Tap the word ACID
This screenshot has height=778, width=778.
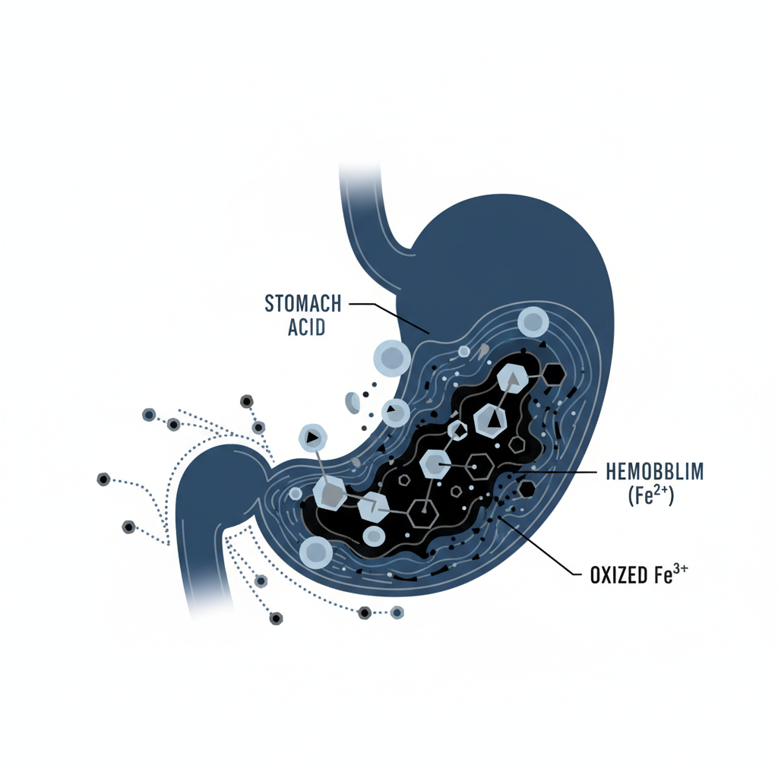305,327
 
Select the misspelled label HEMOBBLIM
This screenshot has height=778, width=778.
655,472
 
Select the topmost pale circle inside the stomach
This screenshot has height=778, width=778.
533,322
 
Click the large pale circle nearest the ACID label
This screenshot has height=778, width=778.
392,357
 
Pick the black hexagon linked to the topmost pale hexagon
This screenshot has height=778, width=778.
553,373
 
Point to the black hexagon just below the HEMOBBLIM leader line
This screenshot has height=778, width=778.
525,487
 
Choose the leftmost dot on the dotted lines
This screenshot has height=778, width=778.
103,479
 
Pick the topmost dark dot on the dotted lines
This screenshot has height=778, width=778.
246,400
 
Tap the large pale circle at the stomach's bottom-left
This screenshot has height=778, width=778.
315,552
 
